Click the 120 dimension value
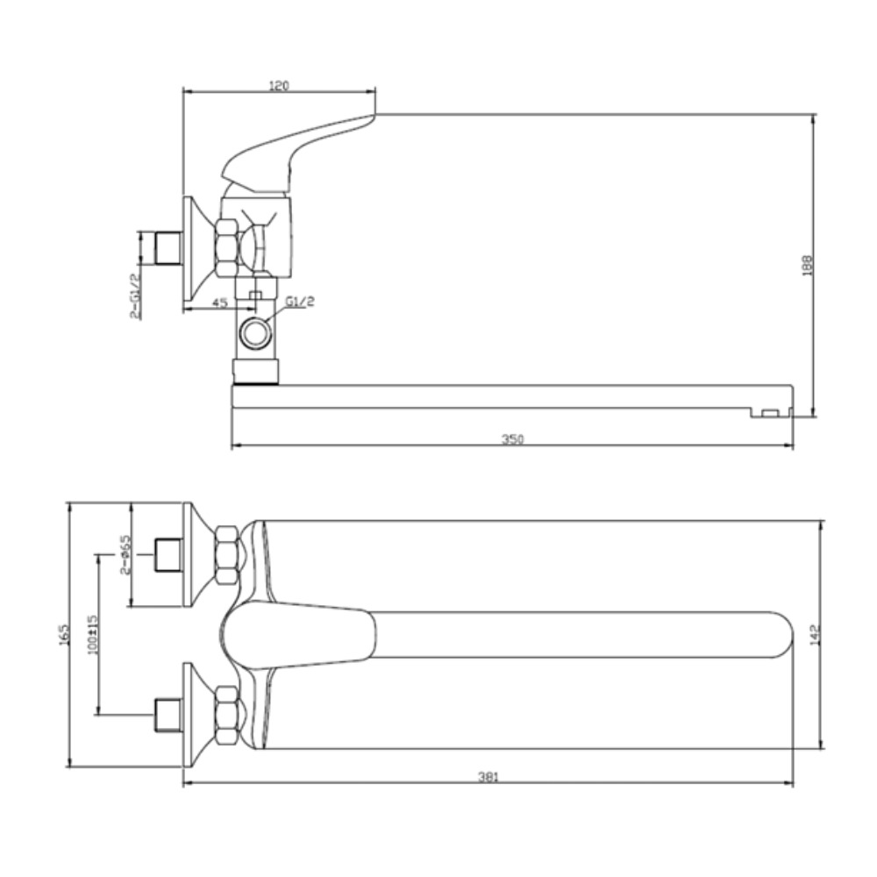[x=279, y=86]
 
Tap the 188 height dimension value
[x=807, y=266]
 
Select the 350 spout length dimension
[x=512, y=439]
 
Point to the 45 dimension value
[x=221, y=303]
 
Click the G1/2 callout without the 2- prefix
[x=300, y=301]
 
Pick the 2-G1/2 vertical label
[x=135, y=296]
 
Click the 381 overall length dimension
[x=488, y=776]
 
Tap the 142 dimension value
[x=815, y=634]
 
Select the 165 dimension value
[x=64, y=635]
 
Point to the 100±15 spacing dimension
[x=92, y=635]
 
